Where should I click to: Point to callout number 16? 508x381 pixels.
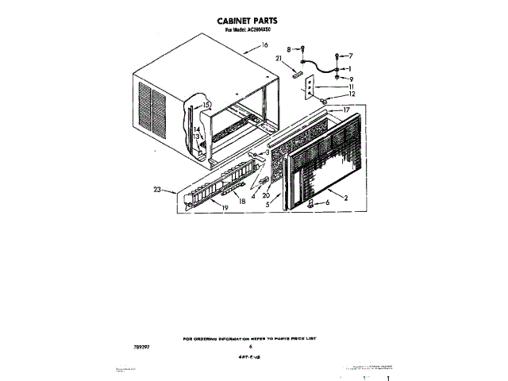(254, 47)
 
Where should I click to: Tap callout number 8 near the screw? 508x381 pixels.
(289, 49)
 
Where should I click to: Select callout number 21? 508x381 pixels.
(279, 60)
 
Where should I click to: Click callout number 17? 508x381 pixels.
(346, 110)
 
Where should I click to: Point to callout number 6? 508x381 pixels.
(326, 203)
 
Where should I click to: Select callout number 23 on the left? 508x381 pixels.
(158, 190)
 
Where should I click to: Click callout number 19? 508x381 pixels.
(225, 206)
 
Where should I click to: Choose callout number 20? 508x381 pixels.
(267, 194)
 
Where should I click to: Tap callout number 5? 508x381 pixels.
(268, 204)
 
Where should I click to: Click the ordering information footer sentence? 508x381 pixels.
(250, 338)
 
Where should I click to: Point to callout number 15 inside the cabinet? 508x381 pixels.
(206, 106)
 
